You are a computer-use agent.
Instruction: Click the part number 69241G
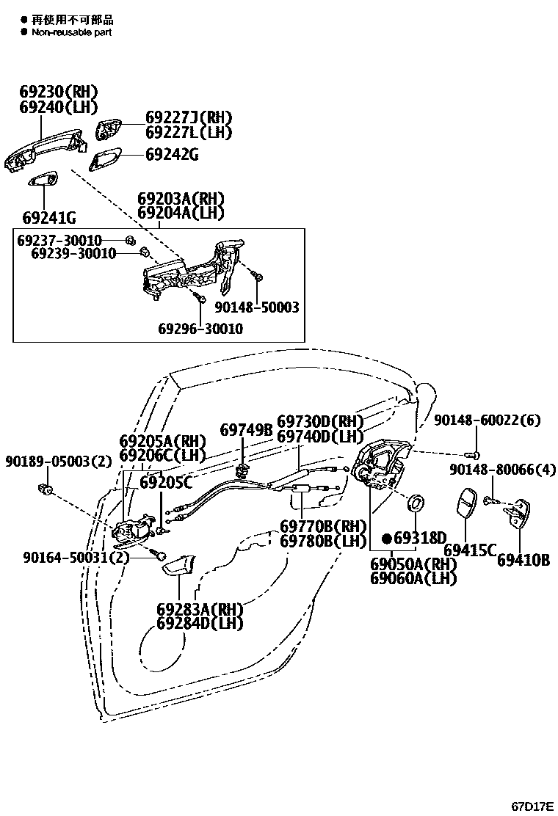pyautogui.click(x=49, y=218)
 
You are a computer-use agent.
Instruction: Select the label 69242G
pyautogui.click(x=172, y=155)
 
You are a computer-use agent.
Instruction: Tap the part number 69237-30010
pyautogui.click(x=59, y=241)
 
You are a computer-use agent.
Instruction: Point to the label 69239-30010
pyautogui.click(x=73, y=254)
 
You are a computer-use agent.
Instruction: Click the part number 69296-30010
pyautogui.click(x=200, y=329)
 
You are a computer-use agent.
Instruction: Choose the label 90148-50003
pyautogui.click(x=257, y=307)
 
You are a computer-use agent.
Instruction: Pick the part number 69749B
pyautogui.click(x=247, y=430)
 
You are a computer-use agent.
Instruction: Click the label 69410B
pyautogui.click(x=523, y=561)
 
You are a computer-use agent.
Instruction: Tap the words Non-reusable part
pyautogui.click(x=71, y=32)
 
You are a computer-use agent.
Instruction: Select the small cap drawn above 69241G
pyautogui.click(x=45, y=181)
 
